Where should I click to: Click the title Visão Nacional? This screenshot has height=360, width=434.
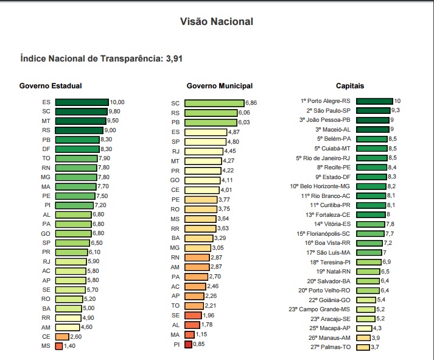pos(217,22)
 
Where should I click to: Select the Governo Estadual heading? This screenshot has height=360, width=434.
pos(51,86)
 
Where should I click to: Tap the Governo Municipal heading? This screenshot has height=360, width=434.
pos(220,86)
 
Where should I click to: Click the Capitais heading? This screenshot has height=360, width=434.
pos(350,86)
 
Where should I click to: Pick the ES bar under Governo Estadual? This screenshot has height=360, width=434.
pos(82,102)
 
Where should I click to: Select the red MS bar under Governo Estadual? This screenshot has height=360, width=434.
pos(58,346)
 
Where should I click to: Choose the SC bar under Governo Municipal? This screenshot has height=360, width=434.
pos(214,104)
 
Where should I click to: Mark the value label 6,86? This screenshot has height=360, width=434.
pos(251,104)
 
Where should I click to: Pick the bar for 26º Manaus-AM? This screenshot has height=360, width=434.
pos(363,337)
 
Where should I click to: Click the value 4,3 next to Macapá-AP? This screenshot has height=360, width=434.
pos(377,328)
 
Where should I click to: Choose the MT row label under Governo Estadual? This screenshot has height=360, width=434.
pos(46,121)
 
